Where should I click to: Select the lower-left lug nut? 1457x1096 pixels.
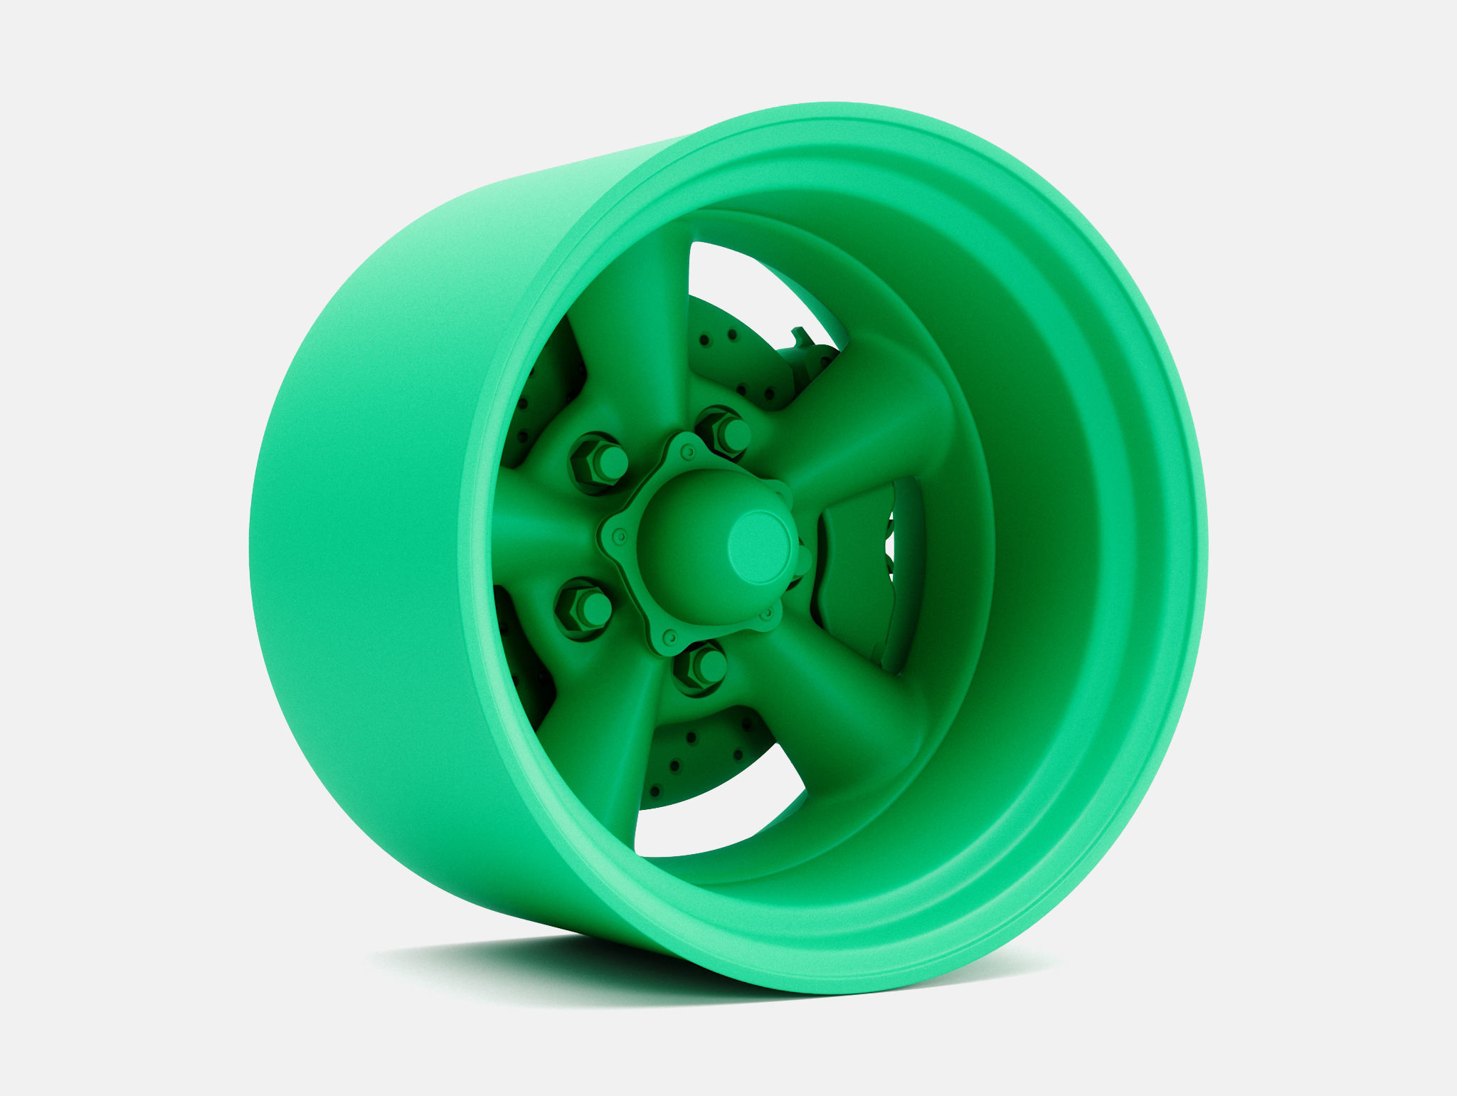tap(583, 608)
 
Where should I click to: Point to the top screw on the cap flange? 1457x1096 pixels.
tap(687, 451)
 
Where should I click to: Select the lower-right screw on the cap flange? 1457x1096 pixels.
tap(767, 612)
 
